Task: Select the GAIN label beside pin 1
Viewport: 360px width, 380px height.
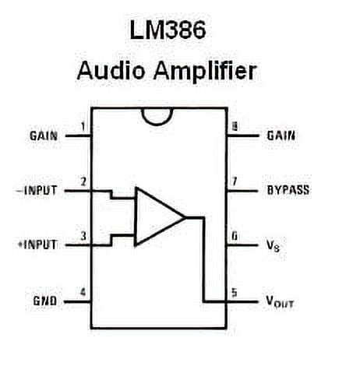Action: pyautogui.click(x=44, y=135)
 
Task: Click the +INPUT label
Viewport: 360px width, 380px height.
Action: pyautogui.click(x=37, y=245)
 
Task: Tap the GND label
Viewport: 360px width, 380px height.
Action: pyautogui.click(x=44, y=301)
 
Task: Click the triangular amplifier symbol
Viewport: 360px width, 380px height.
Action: pyautogui.click(x=157, y=216)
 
